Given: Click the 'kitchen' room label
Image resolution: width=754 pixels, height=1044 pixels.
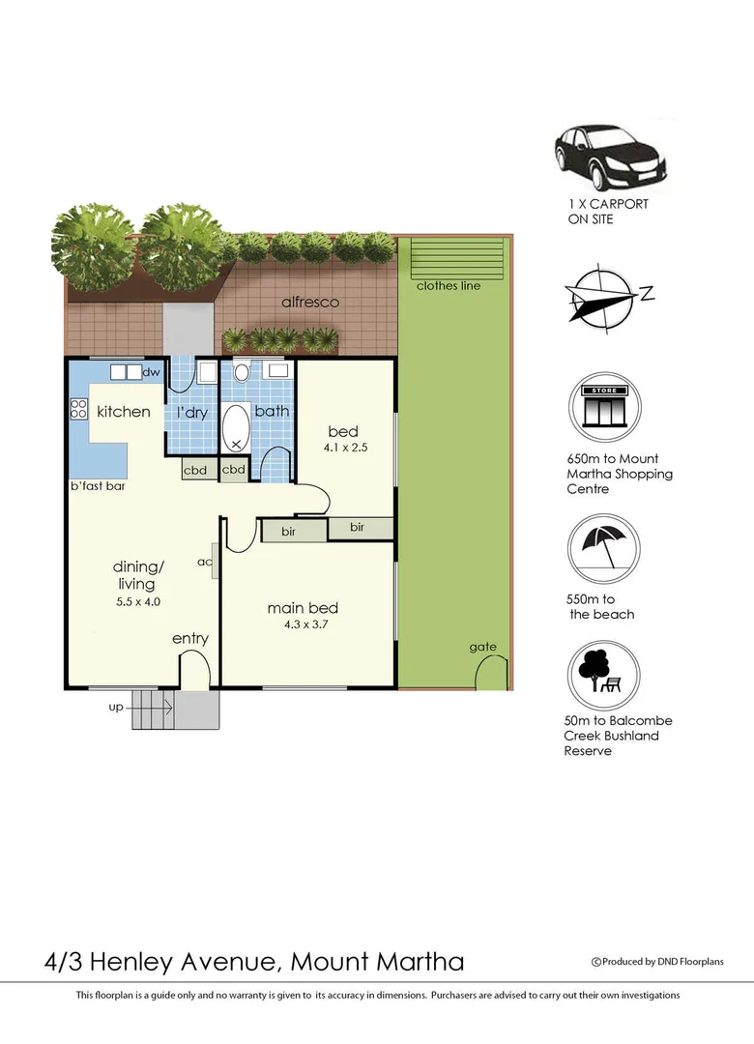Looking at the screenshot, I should pyautogui.click(x=124, y=412).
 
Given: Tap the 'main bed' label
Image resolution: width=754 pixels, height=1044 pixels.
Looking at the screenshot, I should pyautogui.click(x=303, y=608).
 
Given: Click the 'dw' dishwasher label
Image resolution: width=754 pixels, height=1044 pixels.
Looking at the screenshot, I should pyautogui.click(x=151, y=372).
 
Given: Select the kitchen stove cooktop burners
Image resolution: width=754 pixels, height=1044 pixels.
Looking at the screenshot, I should pyautogui.click(x=77, y=410).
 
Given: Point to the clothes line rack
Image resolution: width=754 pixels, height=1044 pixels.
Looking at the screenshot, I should pyautogui.click(x=458, y=258).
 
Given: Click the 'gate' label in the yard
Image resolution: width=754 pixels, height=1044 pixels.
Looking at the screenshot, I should pyautogui.click(x=482, y=647).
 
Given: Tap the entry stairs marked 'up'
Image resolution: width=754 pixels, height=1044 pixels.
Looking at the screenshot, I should pyautogui.click(x=151, y=710).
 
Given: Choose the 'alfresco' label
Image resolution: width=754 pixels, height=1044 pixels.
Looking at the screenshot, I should pyautogui.click(x=309, y=302).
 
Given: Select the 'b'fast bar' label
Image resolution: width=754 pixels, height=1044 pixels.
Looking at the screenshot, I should pyautogui.click(x=98, y=485).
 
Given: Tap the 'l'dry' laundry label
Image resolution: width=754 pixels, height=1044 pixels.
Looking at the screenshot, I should pyautogui.click(x=193, y=412).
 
